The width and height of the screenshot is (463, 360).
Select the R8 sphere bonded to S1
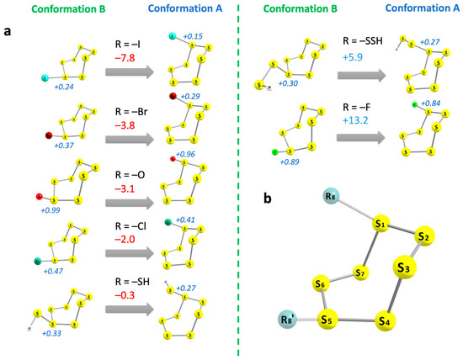click(x=307, y=198)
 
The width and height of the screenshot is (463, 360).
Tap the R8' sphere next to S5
click(x=287, y=320)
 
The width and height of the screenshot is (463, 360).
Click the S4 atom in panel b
click(x=385, y=321)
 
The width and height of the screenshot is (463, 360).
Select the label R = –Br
click(x=135, y=103)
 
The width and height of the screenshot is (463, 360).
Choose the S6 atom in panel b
click(x=321, y=283)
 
